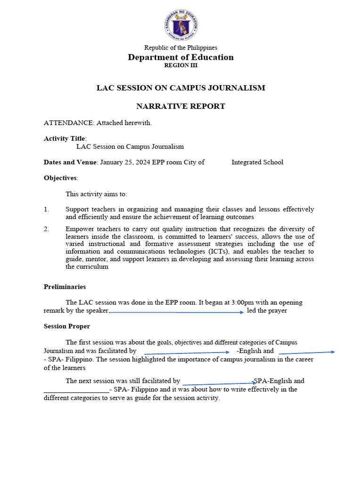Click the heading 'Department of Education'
point(181,57)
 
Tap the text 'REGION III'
point(181,65)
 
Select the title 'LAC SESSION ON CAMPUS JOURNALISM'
point(181,88)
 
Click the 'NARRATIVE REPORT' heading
point(181,106)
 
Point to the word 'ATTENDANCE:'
point(69,123)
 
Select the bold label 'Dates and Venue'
point(70,162)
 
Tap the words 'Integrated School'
point(257,162)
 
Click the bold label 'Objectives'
point(60,178)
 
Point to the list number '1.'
point(47,209)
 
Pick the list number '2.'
point(47,229)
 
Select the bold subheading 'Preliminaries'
point(65,287)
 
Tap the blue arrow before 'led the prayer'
point(176,312)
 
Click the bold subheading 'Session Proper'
point(67,326)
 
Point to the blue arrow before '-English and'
point(187,352)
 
